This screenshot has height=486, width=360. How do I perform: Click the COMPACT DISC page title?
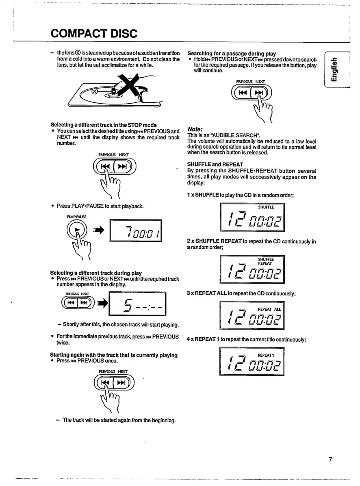click(94, 33)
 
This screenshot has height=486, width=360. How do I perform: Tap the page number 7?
click(331, 460)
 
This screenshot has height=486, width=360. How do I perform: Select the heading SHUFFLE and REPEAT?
click(215, 164)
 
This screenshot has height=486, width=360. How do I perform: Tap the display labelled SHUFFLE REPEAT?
click(252, 268)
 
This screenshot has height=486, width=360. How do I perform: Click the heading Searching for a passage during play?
click(232, 54)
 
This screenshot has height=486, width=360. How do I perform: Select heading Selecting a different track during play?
click(96, 273)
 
